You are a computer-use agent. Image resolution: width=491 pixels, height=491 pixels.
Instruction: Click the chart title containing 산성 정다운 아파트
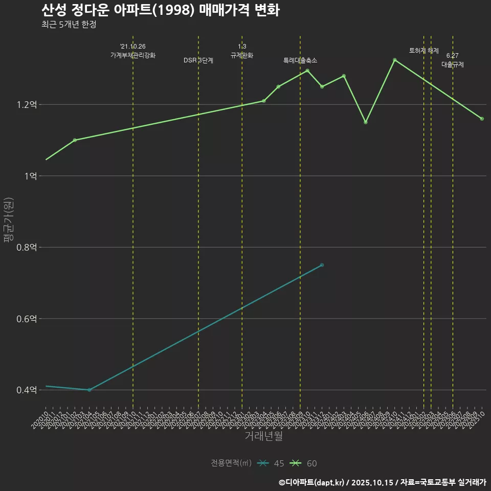160,10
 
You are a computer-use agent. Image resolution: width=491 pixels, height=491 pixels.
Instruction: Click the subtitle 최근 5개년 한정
69,24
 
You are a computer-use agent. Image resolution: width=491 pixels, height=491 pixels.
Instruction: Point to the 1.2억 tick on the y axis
27,105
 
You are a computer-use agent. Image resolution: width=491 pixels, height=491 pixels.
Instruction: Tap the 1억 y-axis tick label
30,176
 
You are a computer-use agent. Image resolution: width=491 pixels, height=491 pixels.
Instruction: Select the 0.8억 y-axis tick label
27,248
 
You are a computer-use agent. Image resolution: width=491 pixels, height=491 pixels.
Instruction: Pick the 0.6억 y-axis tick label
27,319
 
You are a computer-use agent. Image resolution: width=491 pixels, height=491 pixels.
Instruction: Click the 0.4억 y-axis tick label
27,390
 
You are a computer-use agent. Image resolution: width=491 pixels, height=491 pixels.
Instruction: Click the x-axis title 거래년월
264,436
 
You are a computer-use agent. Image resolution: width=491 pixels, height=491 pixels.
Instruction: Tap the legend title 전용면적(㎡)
231,463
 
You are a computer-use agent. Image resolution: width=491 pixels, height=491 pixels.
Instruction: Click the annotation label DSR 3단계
198,60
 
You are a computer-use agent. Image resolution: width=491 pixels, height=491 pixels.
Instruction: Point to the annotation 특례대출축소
300,60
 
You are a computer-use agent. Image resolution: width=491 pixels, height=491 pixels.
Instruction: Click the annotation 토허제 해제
424,51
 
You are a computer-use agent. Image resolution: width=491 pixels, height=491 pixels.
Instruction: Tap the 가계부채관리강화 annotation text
133,55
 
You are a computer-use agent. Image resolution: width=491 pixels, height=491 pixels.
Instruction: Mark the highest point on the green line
395,60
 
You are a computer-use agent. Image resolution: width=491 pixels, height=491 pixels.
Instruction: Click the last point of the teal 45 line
322,265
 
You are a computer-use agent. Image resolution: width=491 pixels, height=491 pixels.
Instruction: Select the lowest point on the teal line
90,390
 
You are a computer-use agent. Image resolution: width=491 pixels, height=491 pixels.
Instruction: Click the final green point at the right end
482,119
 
